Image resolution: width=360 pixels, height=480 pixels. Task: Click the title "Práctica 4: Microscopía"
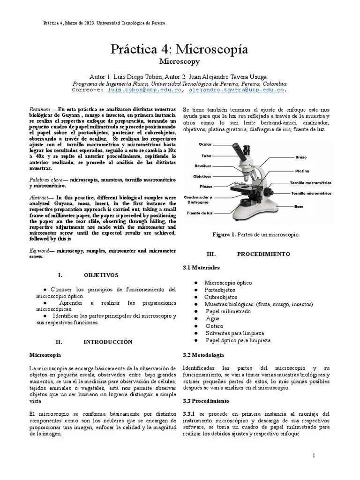(180, 50)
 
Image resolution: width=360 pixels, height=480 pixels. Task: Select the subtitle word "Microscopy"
(180, 61)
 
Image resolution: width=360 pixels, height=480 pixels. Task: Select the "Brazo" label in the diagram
(301, 157)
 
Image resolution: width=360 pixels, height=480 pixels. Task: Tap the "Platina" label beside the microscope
(302, 171)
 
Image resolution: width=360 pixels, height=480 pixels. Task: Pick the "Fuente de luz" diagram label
(201, 213)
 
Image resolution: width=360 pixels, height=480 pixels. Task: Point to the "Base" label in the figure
(299, 206)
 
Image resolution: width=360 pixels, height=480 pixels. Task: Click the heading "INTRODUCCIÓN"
(108, 342)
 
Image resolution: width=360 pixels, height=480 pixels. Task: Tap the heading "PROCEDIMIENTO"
(263, 254)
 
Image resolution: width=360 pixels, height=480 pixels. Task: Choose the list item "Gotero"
(214, 326)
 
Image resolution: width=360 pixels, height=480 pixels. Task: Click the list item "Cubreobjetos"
(220, 297)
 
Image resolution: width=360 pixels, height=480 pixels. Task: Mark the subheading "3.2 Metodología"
(203, 355)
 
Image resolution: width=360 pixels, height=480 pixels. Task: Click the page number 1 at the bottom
(314, 456)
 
